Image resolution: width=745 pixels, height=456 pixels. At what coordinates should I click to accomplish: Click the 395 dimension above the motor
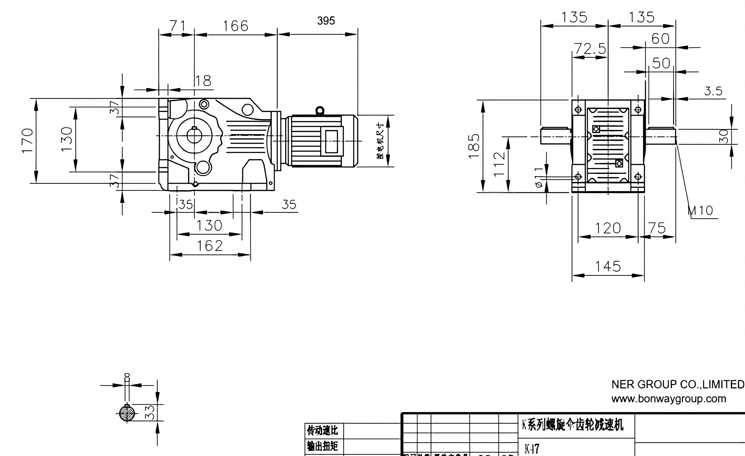[326, 21]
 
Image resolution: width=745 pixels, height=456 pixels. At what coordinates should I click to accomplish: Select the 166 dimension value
[236, 26]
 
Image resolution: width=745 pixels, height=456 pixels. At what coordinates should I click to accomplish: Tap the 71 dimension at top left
[177, 26]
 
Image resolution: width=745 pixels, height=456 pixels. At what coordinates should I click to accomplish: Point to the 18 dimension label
[203, 81]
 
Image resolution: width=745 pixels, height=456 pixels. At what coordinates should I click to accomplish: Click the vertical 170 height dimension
[27, 141]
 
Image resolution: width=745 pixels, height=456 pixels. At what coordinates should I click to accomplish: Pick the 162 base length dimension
[209, 246]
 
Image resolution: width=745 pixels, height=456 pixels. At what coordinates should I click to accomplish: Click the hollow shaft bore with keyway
[194, 136]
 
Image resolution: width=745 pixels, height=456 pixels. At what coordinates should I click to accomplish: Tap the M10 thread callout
[701, 210]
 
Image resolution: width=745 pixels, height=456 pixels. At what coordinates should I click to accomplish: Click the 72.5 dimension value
[590, 49]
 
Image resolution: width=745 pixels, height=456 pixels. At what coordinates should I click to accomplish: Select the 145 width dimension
[608, 267]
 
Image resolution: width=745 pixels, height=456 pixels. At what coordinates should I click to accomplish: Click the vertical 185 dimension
[474, 146]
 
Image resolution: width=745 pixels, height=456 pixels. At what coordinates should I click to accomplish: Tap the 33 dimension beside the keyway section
[150, 412]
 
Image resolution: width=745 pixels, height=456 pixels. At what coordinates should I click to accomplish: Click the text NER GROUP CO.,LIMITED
[678, 384]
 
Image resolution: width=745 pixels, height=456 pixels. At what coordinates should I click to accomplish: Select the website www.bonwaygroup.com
[668, 399]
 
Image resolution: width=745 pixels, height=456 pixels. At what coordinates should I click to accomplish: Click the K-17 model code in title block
[532, 449]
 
